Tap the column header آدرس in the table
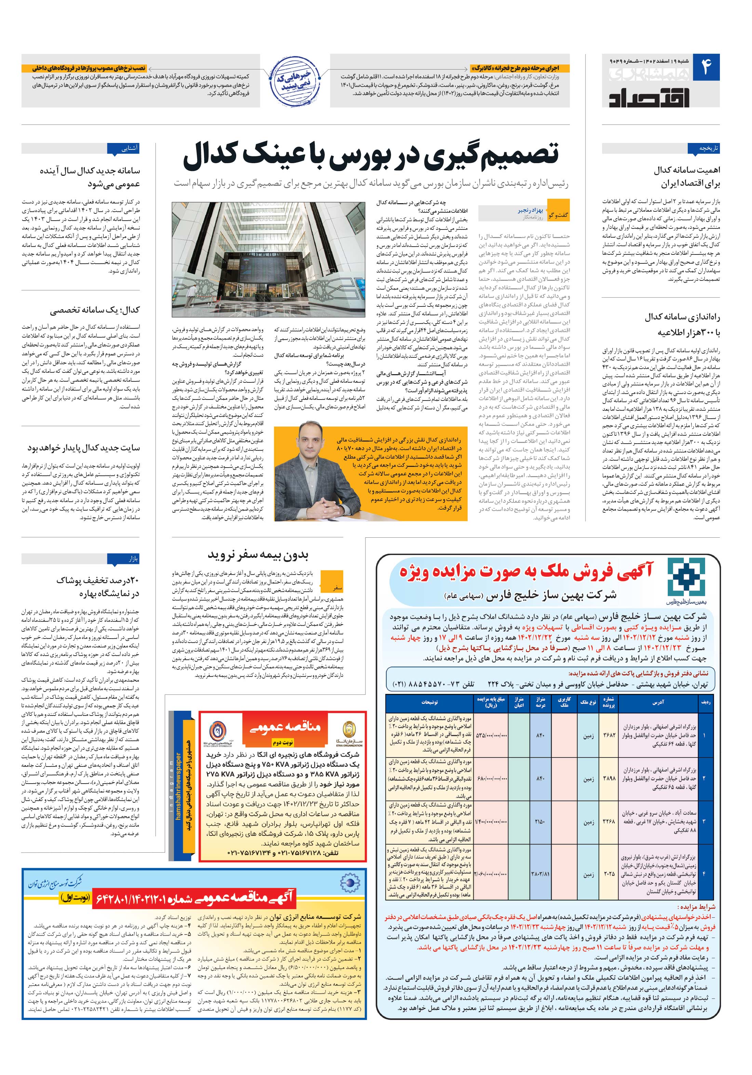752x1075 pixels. coord(657,702)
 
